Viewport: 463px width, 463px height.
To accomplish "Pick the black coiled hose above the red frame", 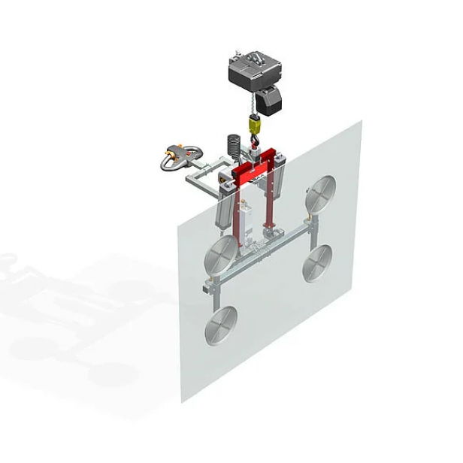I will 233,149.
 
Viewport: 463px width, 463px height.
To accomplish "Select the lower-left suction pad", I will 221,324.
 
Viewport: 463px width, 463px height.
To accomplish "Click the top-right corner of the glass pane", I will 361,123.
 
